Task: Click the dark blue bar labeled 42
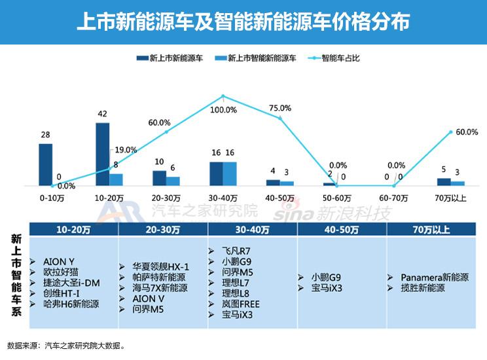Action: click(102, 154)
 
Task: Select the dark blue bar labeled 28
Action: click(45, 164)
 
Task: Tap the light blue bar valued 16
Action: click(230, 173)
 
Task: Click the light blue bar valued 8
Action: click(116, 179)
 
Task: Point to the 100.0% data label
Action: click(224, 109)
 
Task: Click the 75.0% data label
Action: click(280, 108)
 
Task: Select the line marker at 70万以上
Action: click(451, 132)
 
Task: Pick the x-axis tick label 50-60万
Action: click(337, 197)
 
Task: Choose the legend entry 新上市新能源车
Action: click(176, 58)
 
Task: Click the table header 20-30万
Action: click(163, 229)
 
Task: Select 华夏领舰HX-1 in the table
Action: click(160, 266)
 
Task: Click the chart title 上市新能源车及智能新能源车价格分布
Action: click(243, 22)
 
